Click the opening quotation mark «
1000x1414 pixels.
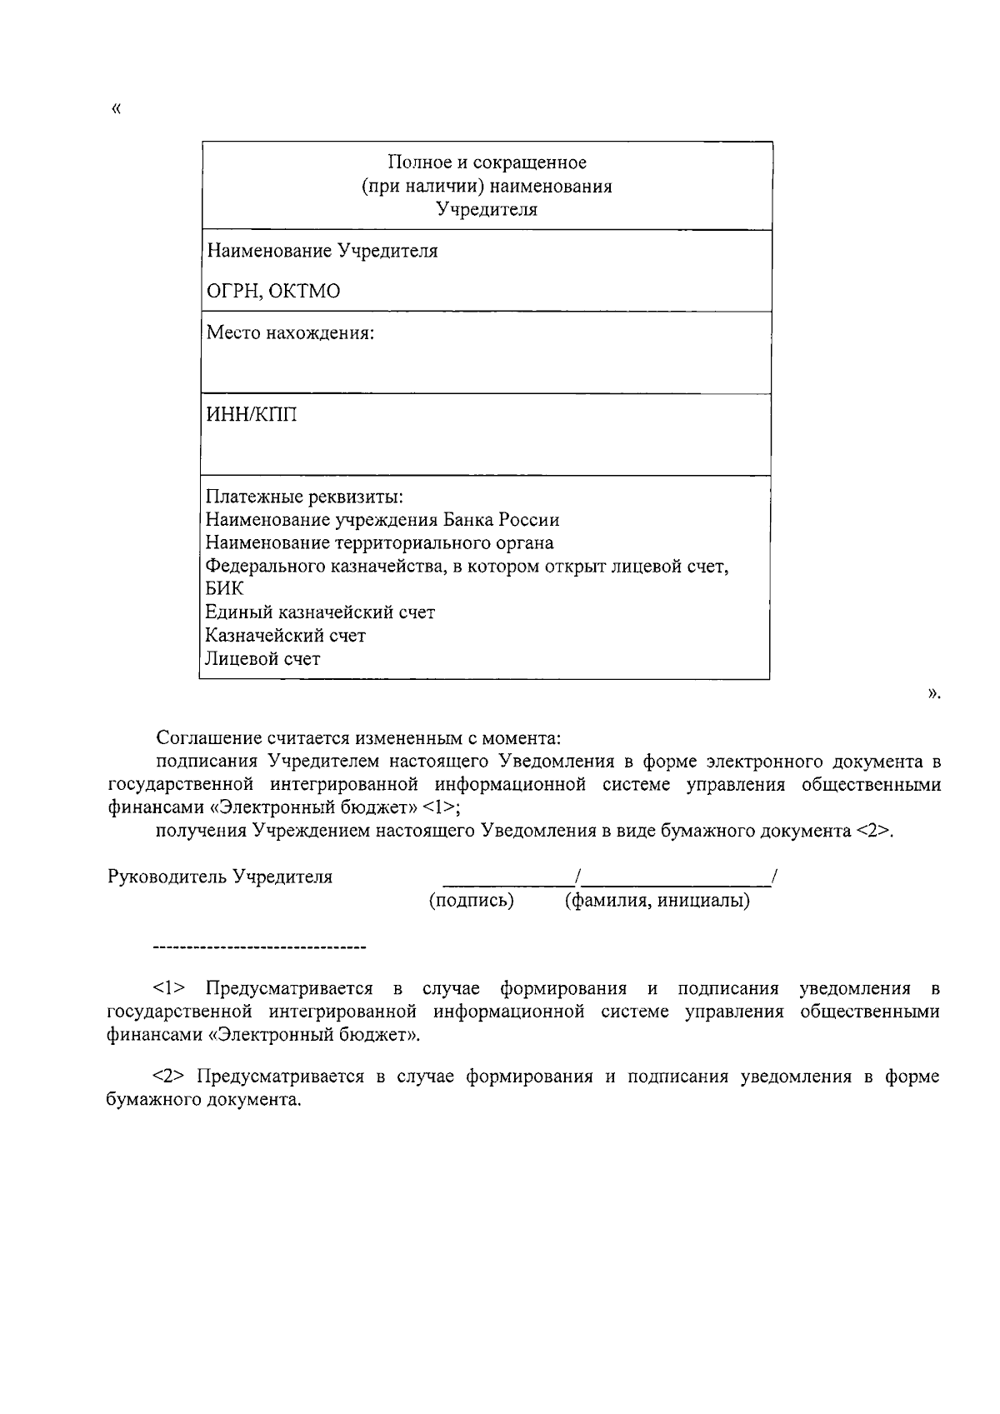tap(115, 109)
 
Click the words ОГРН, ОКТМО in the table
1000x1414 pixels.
tap(273, 292)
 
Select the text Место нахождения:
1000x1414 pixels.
tap(290, 333)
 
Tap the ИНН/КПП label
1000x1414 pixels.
tap(251, 415)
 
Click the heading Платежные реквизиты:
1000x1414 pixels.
tap(304, 497)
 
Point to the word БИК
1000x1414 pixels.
tap(225, 589)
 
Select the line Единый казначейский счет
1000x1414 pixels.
tap(320, 612)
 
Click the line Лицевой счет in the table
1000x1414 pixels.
tap(262, 659)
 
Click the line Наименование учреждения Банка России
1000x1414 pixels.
tap(382, 520)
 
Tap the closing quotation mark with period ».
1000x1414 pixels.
tap(933, 692)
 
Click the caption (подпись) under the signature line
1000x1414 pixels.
tap(471, 901)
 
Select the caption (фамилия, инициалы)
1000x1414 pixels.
tap(657, 901)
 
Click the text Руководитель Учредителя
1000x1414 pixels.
tap(220, 877)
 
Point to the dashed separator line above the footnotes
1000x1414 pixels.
tap(260, 948)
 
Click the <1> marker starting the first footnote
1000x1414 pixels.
tap(169, 989)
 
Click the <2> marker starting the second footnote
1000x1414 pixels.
tap(169, 1077)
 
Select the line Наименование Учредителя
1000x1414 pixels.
tap(322, 251)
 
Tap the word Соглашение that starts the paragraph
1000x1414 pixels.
tap(208, 738)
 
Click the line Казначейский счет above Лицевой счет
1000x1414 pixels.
tap(285, 636)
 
